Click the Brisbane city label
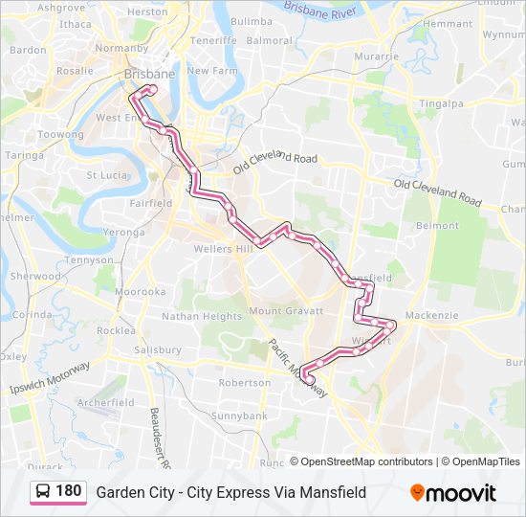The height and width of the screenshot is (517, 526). (148, 74)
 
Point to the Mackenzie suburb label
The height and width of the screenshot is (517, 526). (431, 315)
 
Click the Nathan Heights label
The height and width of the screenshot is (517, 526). (202, 316)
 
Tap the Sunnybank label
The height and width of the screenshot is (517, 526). (238, 416)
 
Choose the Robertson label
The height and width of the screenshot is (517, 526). (245, 382)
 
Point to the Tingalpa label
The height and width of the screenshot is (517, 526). (442, 103)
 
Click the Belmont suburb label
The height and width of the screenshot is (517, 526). (438, 226)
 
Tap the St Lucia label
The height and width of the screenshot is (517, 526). (107, 175)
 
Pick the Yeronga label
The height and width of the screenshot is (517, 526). (123, 232)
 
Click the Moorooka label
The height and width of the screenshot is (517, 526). (140, 291)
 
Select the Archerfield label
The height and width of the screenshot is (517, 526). (106, 403)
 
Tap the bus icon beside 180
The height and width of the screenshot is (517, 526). (43, 492)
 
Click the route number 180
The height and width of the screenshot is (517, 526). (69, 491)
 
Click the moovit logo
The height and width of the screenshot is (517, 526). (453, 493)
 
